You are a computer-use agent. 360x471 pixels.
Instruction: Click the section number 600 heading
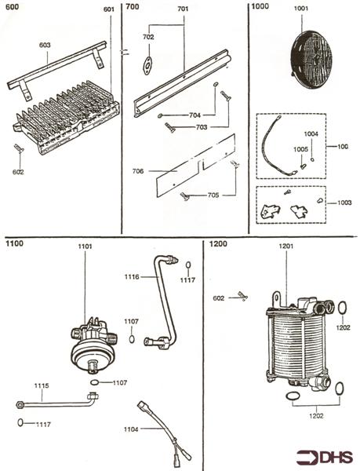coord(12,6)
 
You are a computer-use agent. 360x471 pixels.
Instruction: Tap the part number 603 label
coord(45,45)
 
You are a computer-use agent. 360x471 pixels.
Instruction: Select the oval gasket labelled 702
coord(147,65)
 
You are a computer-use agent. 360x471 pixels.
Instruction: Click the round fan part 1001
coord(311,59)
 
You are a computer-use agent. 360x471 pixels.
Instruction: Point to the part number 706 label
coord(138,171)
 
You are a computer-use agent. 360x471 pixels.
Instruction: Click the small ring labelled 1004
coord(312,159)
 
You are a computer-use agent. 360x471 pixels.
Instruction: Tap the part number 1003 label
coord(344,203)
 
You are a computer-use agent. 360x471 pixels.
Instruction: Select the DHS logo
coord(325,457)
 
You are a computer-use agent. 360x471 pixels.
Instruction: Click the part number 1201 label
coord(286,246)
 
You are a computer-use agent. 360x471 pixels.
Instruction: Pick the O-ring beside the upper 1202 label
coord(342,308)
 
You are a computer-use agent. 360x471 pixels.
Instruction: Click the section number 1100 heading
coord(14,243)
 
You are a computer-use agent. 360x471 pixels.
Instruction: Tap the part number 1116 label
coord(132,276)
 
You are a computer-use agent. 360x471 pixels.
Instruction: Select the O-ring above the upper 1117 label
coord(188,265)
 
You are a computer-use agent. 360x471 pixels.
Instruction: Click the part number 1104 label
coord(131,429)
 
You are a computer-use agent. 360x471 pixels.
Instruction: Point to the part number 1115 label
coord(42,385)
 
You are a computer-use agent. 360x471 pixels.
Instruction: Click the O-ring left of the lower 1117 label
coord(20,422)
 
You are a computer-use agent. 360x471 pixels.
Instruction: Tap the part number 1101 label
coord(85,246)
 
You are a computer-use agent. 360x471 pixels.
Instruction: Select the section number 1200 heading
coord(218,243)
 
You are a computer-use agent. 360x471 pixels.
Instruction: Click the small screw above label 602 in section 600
coord(19,148)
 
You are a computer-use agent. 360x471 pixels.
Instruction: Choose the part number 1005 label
coord(300,149)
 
